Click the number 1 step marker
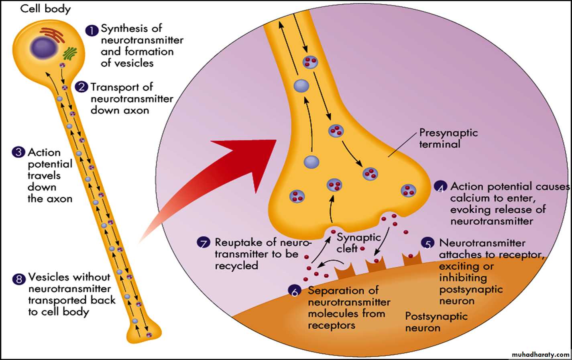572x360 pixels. coord(92,31)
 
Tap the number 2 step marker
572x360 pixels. coord(82,87)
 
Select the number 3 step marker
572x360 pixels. coord(18,153)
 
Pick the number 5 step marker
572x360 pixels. coord(428,244)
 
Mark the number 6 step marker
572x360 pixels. coord(295,291)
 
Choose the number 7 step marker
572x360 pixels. coord(204,243)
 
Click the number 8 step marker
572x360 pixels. coord(19,279)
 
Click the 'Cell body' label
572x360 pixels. coord(45,8)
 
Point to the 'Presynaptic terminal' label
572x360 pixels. coord(448,138)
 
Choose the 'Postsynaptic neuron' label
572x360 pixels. coord(436,322)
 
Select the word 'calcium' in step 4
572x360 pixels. coord(469,198)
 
